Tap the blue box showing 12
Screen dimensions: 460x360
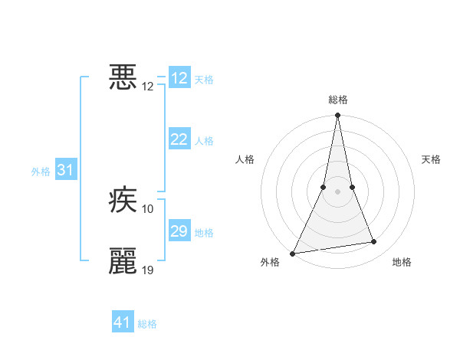[x=179, y=78]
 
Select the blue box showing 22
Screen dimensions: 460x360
[x=179, y=139]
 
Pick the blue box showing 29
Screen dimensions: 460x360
[x=179, y=231]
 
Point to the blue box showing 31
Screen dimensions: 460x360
[x=65, y=170]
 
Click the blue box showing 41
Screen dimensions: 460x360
[x=123, y=322]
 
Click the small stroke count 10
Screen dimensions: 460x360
[x=148, y=209]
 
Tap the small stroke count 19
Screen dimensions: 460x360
[x=148, y=270]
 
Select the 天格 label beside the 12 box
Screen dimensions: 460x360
[x=204, y=80]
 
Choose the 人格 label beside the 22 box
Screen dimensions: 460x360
[x=204, y=141]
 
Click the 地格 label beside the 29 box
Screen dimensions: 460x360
[x=204, y=233]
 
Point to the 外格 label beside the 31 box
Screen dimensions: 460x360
[x=41, y=172]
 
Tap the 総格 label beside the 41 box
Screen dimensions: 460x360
[x=147, y=324]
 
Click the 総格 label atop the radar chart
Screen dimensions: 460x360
[x=338, y=100]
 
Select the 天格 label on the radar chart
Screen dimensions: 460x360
[x=432, y=159]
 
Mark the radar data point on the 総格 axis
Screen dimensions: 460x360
[x=337, y=116]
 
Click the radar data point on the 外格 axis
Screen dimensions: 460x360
[x=293, y=253]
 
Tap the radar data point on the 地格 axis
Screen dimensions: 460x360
[x=374, y=242]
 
